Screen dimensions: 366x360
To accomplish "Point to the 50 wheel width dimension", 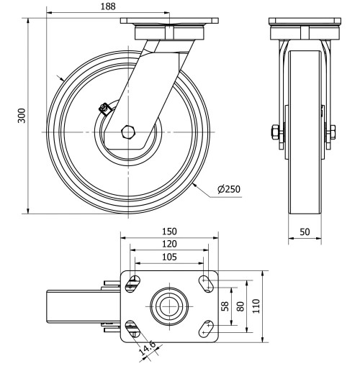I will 305,232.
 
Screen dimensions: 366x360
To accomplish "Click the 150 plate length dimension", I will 170,232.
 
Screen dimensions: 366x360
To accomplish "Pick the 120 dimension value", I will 170,244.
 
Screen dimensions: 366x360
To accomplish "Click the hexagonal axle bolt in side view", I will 129,132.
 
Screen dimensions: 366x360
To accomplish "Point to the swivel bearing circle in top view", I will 170,306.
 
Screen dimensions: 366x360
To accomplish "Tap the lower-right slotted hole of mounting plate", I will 207,327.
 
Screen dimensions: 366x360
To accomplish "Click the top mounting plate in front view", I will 305,21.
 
